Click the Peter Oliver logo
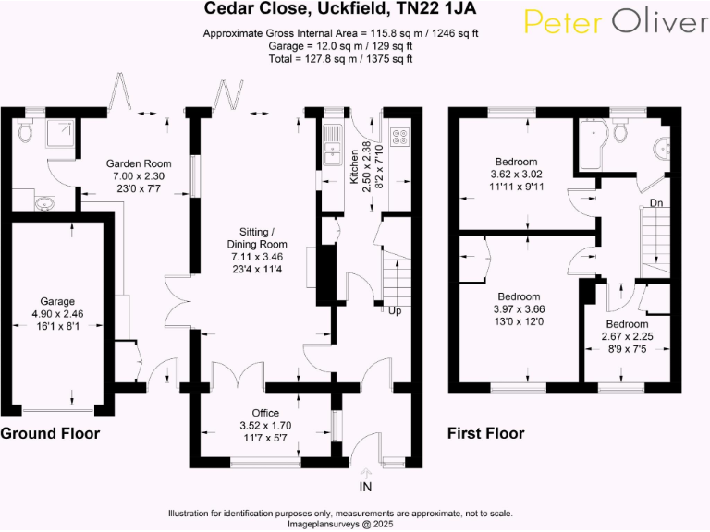pyautogui.click(x=614, y=23)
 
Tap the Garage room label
pyautogui.click(x=58, y=301)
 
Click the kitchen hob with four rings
pyautogui.click(x=401, y=137)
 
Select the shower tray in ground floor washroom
pyautogui.click(x=58, y=135)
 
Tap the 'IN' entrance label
pyautogui.click(x=364, y=487)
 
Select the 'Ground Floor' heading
pyautogui.click(x=50, y=433)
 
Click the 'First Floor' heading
pyautogui.click(x=485, y=433)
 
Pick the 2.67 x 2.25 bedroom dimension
pyautogui.click(x=627, y=337)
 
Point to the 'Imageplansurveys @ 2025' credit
pyautogui.click(x=340, y=523)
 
